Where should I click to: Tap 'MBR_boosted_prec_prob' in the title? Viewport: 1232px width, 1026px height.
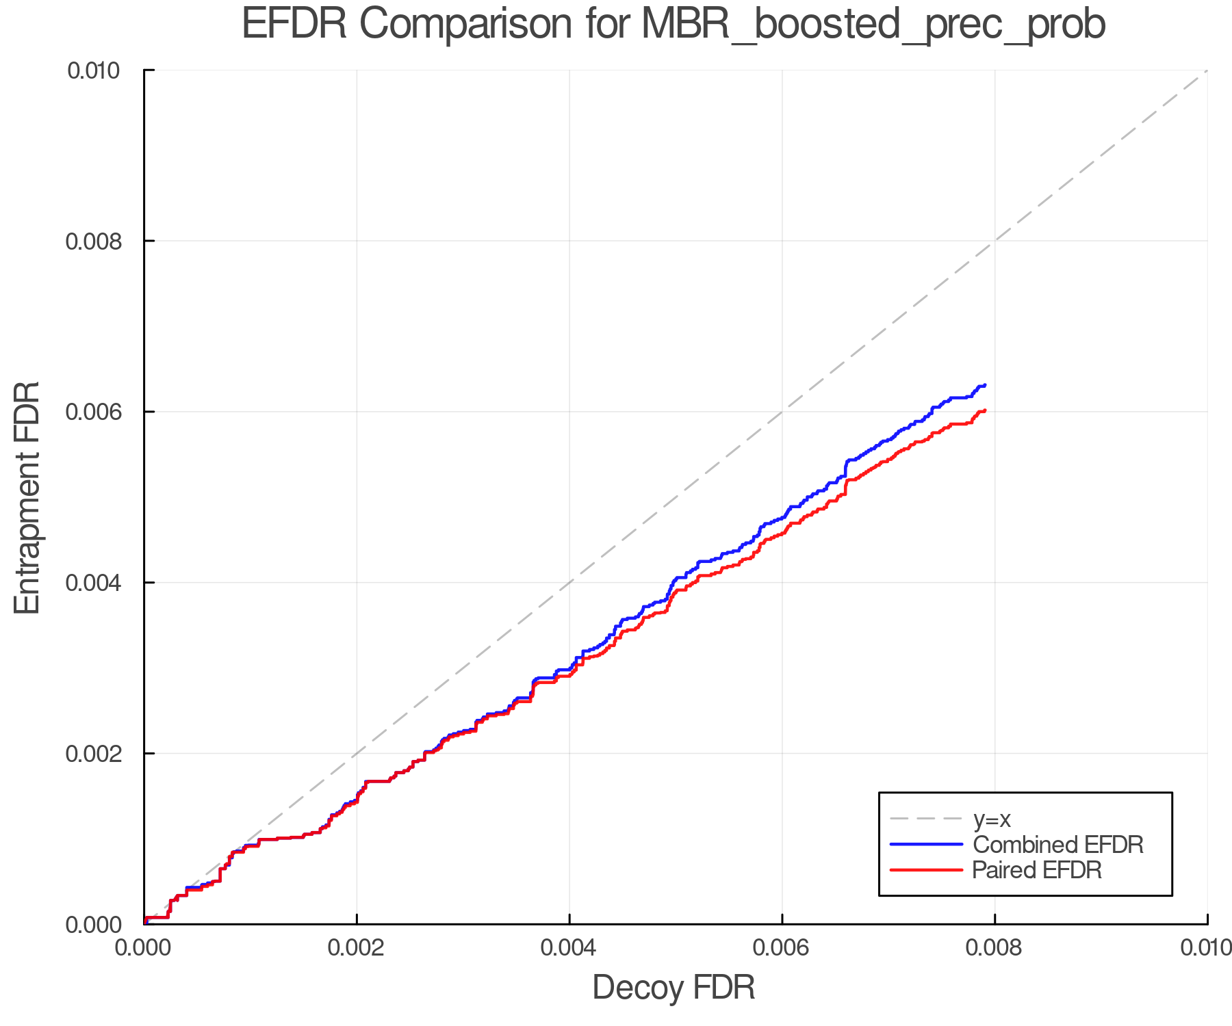[873, 25]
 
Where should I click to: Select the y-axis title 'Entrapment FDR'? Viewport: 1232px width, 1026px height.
[27, 497]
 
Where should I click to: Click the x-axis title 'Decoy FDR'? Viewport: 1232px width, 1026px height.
[673, 988]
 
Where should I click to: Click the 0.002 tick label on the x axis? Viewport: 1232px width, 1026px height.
[357, 948]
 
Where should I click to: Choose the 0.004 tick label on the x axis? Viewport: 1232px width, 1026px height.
[569, 948]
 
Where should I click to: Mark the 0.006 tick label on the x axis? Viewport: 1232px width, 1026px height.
[782, 948]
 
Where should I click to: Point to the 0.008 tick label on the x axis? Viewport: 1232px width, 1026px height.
[995, 948]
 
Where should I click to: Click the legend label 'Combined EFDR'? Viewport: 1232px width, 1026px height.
[1058, 845]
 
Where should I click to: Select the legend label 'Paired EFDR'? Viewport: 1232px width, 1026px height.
[1038, 870]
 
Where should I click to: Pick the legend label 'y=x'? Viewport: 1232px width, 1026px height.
[992, 819]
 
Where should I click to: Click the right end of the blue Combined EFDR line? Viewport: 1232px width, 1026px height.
[984, 385]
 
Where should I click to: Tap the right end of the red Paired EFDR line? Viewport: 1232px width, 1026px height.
[984, 410]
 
